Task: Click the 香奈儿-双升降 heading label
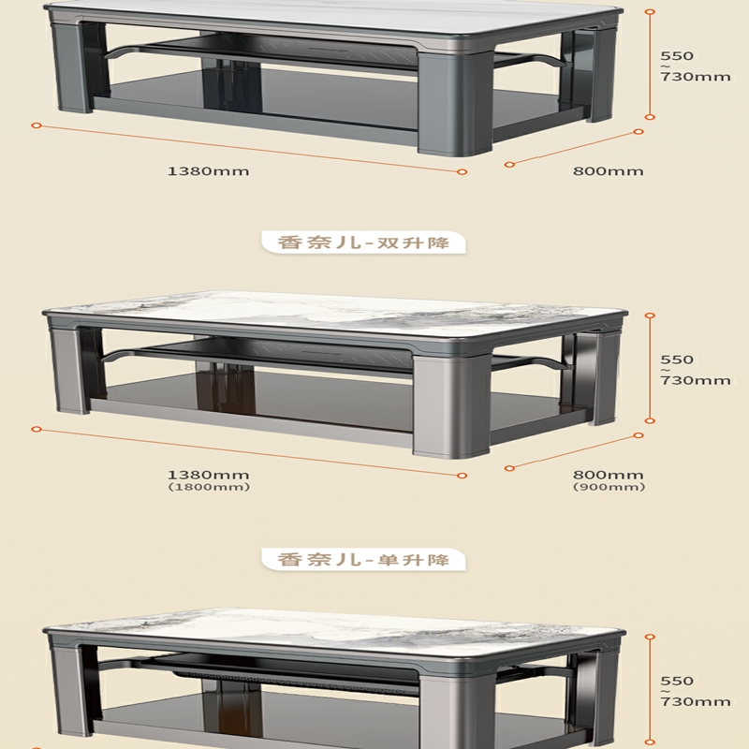(x=363, y=242)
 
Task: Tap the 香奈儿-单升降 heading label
(x=363, y=559)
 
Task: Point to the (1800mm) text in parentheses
(x=209, y=487)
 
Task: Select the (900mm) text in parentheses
(x=609, y=487)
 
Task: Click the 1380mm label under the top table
(x=208, y=171)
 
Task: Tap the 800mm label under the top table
(x=608, y=171)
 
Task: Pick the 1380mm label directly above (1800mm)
(x=208, y=475)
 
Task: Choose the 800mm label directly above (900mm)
(x=608, y=475)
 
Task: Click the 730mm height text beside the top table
(x=696, y=77)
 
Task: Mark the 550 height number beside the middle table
(x=677, y=360)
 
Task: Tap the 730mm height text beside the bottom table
(x=696, y=701)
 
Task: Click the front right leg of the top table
(x=455, y=103)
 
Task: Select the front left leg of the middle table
(x=71, y=370)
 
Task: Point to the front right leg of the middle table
(x=451, y=406)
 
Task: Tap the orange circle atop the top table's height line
(x=650, y=11)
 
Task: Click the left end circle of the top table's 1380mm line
(x=37, y=125)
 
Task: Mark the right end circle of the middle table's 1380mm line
(x=462, y=476)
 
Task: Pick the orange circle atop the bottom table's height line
(x=650, y=637)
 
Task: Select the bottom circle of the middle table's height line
(x=650, y=420)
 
